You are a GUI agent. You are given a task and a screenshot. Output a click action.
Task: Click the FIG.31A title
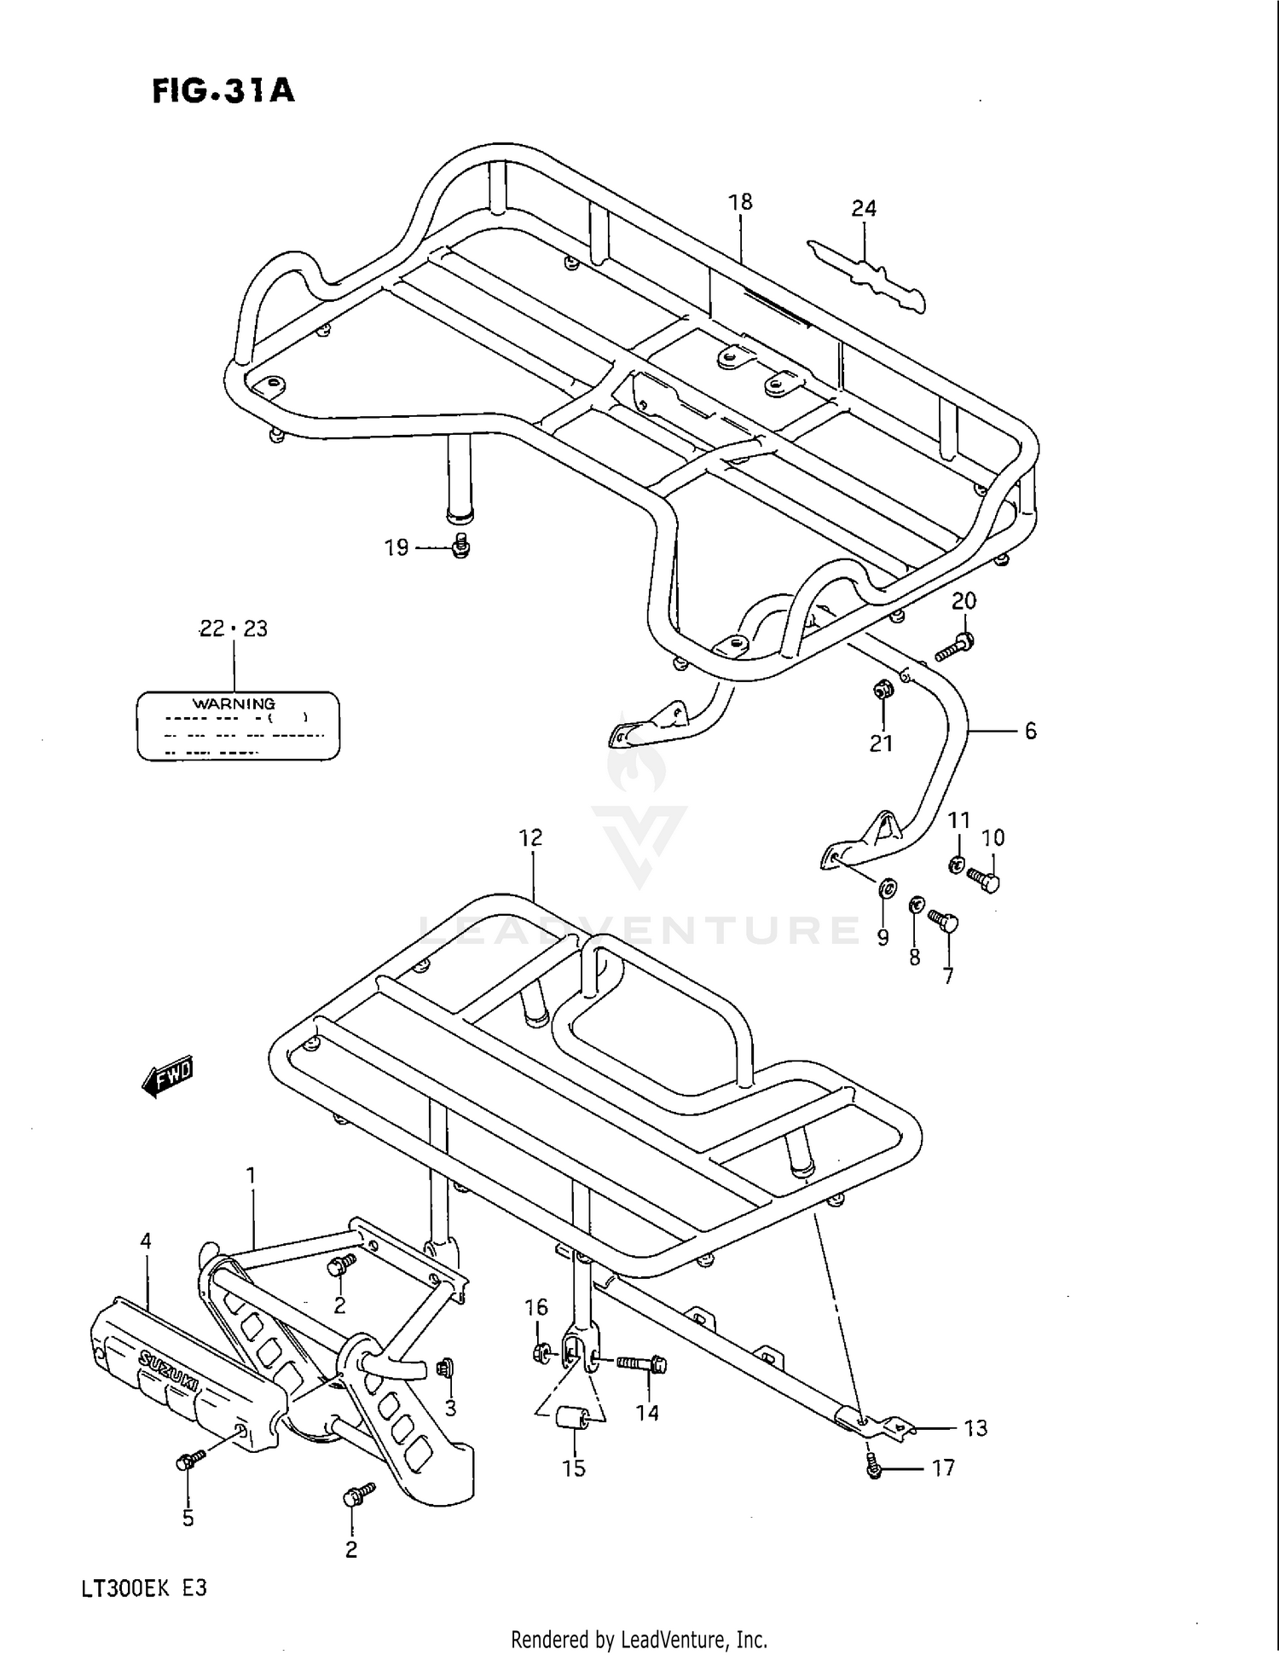(x=223, y=90)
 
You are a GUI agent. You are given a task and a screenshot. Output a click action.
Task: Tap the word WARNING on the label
(x=234, y=703)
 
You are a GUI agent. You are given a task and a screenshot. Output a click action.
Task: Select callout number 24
(x=863, y=208)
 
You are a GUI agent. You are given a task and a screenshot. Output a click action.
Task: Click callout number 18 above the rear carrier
(x=740, y=202)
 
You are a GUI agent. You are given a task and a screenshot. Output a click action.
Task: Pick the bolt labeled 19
(x=461, y=546)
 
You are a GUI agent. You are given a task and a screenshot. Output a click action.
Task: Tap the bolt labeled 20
(x=955, y=647)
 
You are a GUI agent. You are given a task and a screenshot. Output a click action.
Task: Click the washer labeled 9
(x=886, y=889)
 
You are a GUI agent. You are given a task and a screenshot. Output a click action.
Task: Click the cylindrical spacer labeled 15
(x=573, y=1418)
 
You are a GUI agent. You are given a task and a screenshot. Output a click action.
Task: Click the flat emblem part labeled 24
(x=868, y=277)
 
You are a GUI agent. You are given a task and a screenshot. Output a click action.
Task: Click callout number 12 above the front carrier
(x=530, y=838)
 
